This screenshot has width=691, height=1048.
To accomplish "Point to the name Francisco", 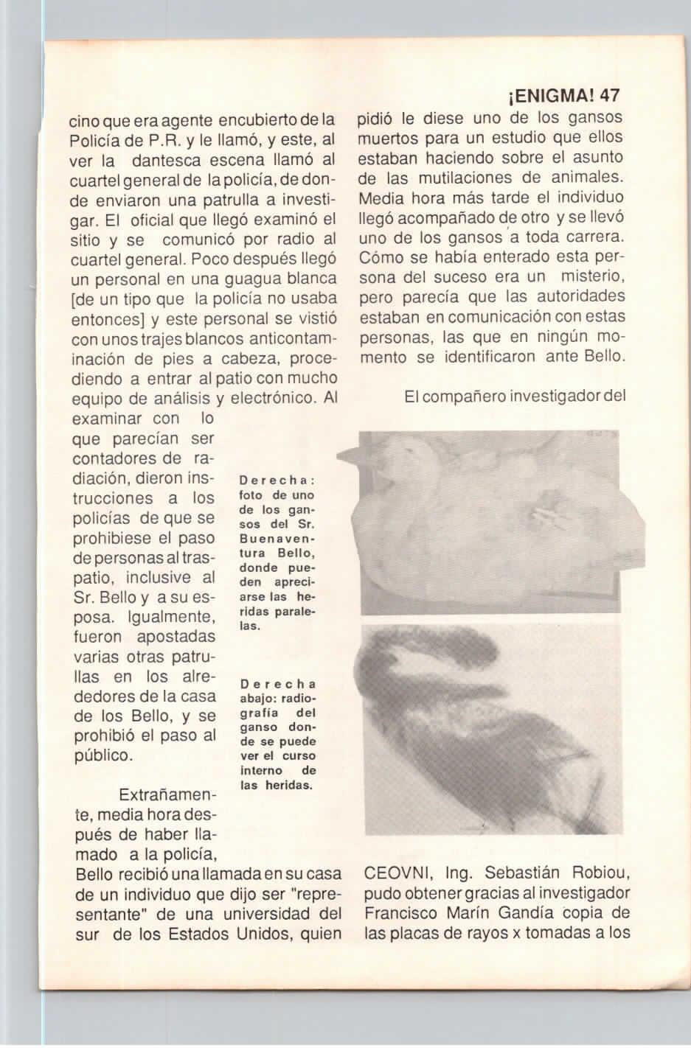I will [398, 914].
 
